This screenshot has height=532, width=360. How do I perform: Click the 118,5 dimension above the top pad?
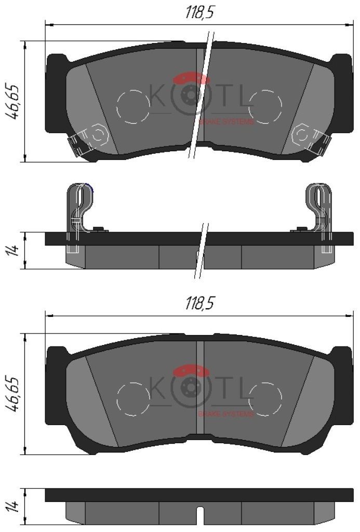coord(199,13)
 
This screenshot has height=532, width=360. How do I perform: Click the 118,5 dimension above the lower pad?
coord(199,303)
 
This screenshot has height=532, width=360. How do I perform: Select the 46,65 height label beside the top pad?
coord(13,101)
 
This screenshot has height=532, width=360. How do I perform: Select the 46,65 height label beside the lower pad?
coord(13,393)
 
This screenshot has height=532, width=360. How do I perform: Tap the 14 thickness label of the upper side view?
coord(13,251)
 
